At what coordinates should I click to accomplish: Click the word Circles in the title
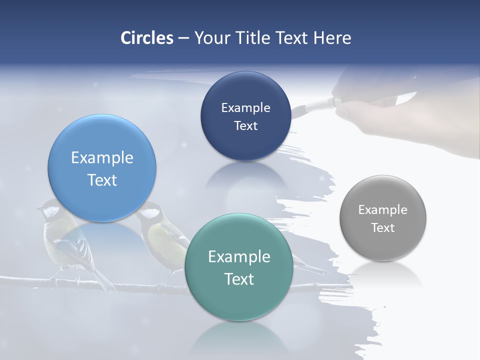(x=146, y=37)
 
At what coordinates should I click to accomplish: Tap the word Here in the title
(x=332, y=37)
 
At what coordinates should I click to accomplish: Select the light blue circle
(x=102, y=168)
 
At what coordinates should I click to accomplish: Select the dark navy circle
(x=245, y=116)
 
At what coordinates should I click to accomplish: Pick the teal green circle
(x=238, y=267)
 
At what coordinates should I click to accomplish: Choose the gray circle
(x=382, y=218)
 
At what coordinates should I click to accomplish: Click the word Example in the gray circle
(x=382, y=209)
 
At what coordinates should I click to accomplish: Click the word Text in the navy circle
(x=245, y=125)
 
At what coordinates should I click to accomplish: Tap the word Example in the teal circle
(x=238, y=256)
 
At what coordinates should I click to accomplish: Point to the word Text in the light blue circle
(x=102, y=180)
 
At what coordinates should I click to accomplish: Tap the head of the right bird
(x=148, y=210)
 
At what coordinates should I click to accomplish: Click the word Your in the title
(x=210, y=37)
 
